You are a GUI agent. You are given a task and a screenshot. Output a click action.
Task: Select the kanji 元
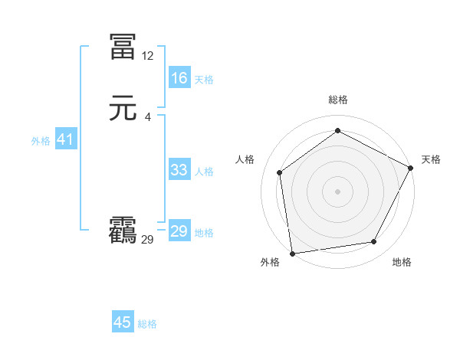[123, 108]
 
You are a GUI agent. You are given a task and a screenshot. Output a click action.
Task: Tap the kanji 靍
[123, 231]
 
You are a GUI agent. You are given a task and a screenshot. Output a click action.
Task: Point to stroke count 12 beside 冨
[148, 56]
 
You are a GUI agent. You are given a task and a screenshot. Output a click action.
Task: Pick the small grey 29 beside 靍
[148, 240]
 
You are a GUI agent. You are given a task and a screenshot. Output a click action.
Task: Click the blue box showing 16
[179, 78]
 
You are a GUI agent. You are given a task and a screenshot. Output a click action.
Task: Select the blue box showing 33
[179, 170]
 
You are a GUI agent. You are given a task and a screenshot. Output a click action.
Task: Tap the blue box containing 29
[179, 231]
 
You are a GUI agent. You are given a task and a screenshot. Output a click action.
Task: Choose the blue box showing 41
[64, 139]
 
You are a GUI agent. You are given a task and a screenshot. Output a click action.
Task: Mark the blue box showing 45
[123, 322]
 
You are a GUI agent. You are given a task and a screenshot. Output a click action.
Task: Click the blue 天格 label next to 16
[204, 80]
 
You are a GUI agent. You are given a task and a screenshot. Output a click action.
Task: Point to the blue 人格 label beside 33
[204, 172]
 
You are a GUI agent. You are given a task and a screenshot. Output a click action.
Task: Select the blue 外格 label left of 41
[41, 141]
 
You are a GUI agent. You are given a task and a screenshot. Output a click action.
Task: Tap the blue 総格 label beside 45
[147, 324]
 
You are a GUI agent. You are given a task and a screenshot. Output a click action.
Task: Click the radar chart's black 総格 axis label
[338, 100]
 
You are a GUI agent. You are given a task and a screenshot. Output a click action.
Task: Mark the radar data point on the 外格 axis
[292, 253]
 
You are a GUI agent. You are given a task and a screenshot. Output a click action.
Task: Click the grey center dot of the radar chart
[338, 191]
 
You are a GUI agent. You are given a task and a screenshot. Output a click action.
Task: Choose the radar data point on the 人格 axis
[280, 172]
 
